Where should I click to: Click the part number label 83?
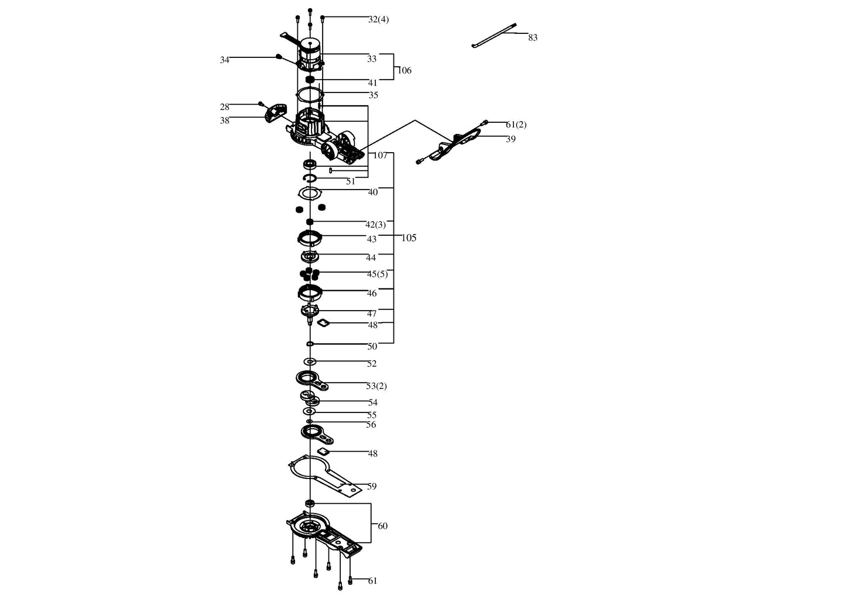pyautogui.click(x=533, y=38)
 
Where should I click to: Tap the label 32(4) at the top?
pyautogui.click(x=378, y=20)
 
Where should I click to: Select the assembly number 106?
pyautogui.click(x=405, y=71)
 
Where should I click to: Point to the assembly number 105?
pyautogui.click(x=409, y=238)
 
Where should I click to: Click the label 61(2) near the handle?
pyautogui.click(x=516, y=125)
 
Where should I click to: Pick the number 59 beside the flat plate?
pyautogui.click(x=372, y=487)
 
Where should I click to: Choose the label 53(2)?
pyautogui.click(x=376, y=386)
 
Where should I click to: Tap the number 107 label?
pyautogui.click(x=381, y=156)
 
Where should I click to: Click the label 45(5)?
pyautogui.click(x=377, y=274)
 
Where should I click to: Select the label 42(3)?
pyautogui.click(x=375, y=225)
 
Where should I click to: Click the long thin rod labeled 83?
pyautogui.click(x=494, y=36)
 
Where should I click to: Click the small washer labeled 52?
pyautogui.click(x=310, y=362)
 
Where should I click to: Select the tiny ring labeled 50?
pyautogui.click(x=310, y=344)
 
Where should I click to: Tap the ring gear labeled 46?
pyautogui.click(x=310, y=293)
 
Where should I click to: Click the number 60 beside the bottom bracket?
pyautogui.click(x=382, y=526)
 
